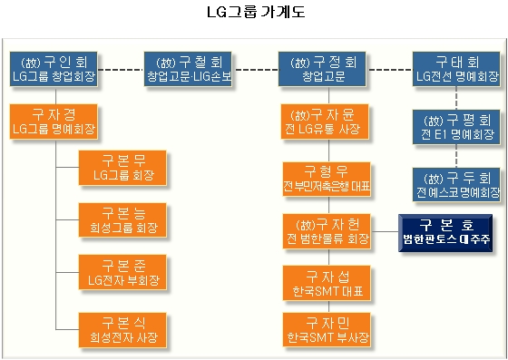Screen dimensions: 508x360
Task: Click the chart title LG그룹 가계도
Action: [256, 12]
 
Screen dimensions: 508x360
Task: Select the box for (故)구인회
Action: [54, 69]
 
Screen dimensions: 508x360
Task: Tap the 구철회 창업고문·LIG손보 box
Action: [188, 69]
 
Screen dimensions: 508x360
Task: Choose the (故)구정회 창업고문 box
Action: [322, 69]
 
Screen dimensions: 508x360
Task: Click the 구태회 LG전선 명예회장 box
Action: [456, 69]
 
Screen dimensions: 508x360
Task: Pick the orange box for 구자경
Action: [54, 122]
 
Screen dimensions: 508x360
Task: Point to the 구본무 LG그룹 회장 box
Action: [122, 168]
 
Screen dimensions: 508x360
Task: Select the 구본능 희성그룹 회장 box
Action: [122, 220]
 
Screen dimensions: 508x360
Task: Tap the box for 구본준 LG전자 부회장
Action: [122, 272]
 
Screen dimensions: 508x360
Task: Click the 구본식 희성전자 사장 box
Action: [122, 330]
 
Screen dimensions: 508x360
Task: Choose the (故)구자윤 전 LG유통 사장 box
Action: [325, 122]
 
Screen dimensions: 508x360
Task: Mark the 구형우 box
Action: [327, 179]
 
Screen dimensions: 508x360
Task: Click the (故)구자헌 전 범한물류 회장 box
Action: [327, 231]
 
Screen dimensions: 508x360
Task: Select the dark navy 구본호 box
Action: [445, 233]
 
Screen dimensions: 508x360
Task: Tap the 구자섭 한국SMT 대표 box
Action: [327, 283]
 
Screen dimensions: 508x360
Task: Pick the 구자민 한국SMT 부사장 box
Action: [327, 329]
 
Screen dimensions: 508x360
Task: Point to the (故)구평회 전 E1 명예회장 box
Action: [456, 127]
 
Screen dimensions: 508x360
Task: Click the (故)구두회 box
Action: [456, 184]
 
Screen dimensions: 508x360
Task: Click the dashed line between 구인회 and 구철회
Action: [121, 69]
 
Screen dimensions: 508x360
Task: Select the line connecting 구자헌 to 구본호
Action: [385, 231]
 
